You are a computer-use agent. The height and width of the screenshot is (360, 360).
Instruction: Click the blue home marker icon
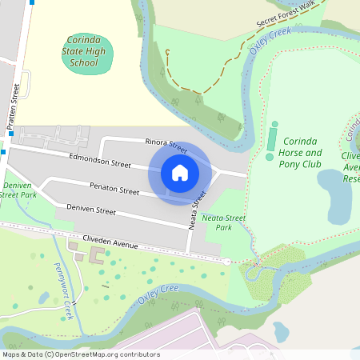click(x=179, y=172)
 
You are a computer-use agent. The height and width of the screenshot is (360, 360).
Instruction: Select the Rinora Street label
click(x=166, y=145)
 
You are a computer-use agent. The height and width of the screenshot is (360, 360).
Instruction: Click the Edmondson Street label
click(x=100, y=161)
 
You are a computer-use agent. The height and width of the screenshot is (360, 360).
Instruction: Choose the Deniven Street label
click(x=90, y=210)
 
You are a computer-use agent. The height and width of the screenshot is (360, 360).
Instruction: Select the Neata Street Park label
click(x=223, y=222)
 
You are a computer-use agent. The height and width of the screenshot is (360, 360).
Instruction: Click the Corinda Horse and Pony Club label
click(x=300, y=152)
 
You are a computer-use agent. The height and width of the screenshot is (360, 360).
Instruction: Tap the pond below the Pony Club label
click(x=337, y=196)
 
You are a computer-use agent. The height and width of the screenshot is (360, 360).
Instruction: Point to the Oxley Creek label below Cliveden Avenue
click(x=157, y=296)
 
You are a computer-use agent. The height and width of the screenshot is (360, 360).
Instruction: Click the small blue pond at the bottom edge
click(x=281, y=332)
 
